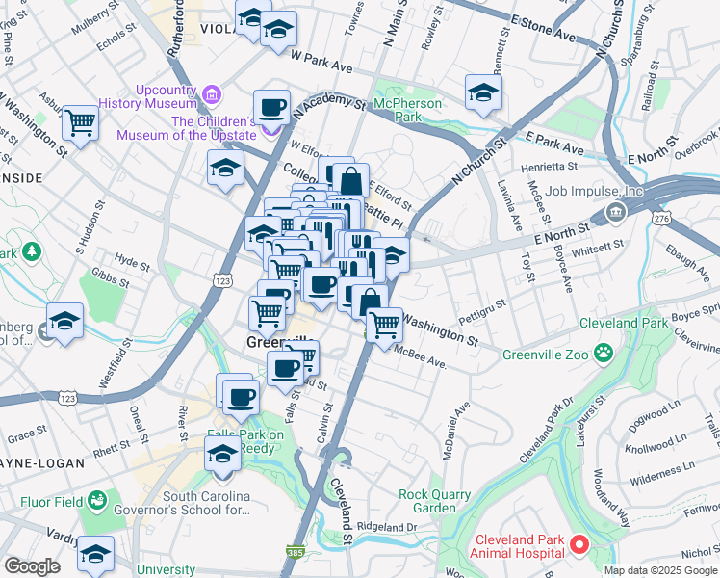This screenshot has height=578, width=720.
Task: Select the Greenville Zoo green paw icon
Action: tap(603, 354)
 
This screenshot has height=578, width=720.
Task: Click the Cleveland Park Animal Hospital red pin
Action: tap(579, 545)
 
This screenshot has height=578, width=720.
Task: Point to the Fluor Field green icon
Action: tap(96, 500)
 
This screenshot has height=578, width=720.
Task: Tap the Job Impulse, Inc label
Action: tap(593, 191)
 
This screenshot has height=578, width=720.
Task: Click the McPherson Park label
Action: tap(409, 110)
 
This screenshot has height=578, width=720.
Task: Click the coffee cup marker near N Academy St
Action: tap(272, 106)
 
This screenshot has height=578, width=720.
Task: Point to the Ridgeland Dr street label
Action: tap(386, 527)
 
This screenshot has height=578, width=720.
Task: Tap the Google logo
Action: tap(31, 566)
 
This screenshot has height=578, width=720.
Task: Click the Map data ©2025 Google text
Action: tap(660, 570)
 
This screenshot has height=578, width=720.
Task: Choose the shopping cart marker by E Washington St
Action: tap(385, 324)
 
